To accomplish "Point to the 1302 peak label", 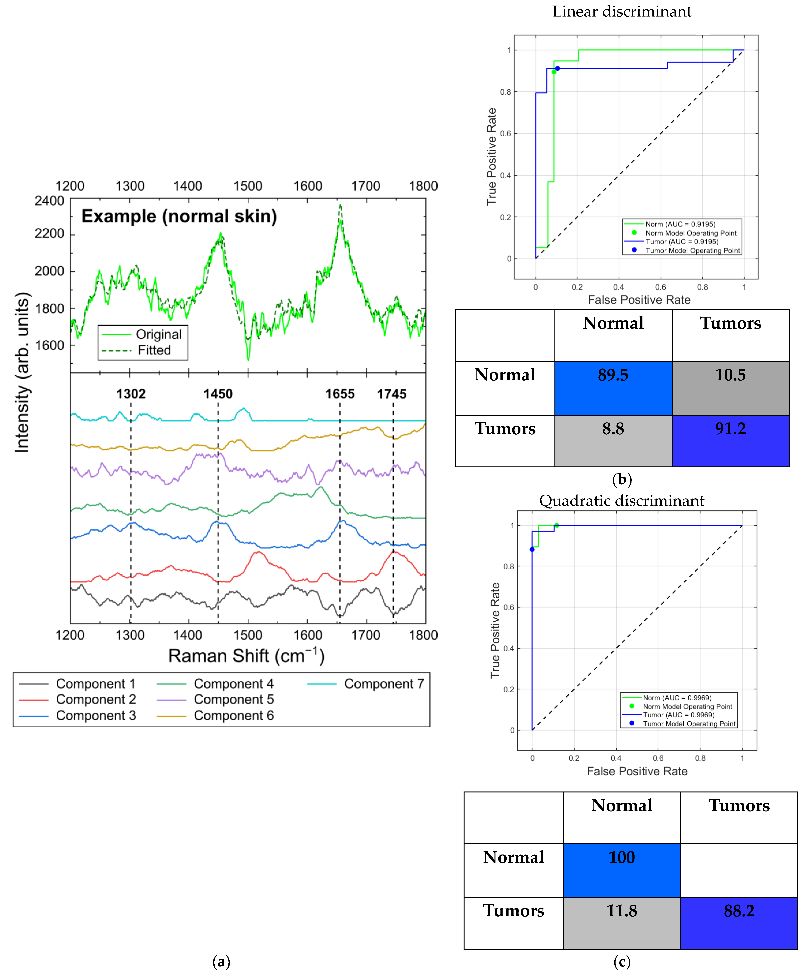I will (131, 394).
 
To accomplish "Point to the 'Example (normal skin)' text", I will (179, 216).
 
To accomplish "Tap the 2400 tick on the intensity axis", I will (49, 201).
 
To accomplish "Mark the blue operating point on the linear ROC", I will (558, 68).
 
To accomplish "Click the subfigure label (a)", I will (221, 962).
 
